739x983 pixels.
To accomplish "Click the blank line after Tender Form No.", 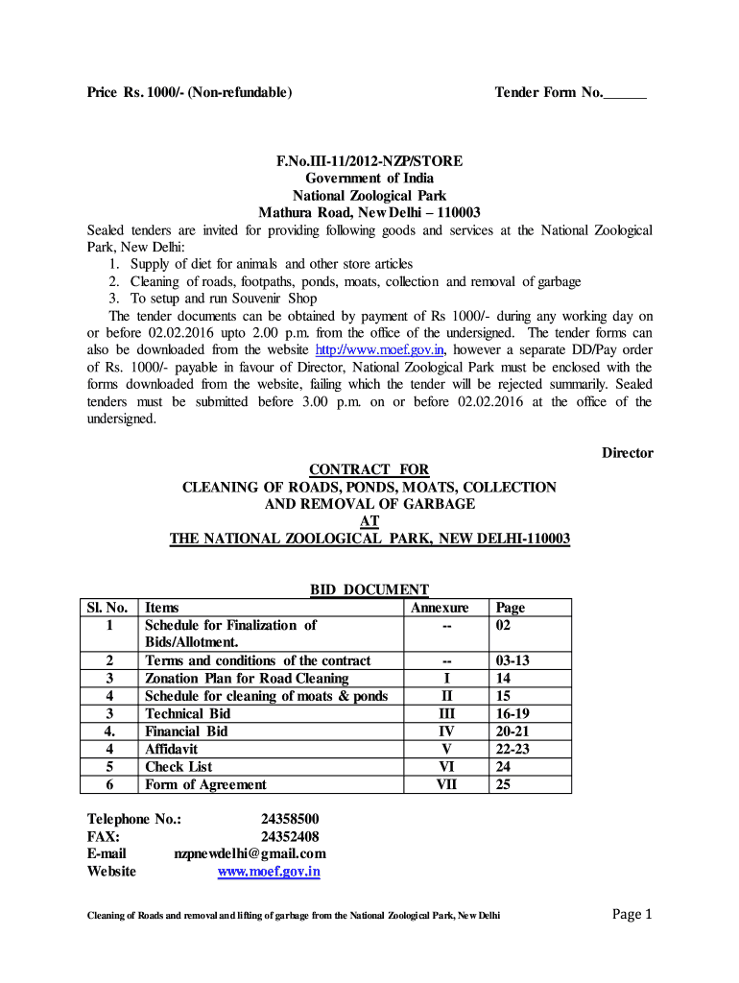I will [626, 93].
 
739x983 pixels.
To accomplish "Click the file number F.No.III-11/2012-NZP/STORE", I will [369, 161].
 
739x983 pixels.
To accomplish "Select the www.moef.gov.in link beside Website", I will [269, 872].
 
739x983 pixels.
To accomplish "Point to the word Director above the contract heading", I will [627, 453].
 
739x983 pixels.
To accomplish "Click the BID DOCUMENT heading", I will [369, 590].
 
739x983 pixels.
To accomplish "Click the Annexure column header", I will [440, 608].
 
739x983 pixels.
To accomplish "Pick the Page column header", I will [510, 608].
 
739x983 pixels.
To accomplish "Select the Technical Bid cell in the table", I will [188, 714].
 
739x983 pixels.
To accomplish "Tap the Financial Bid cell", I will [186, 731].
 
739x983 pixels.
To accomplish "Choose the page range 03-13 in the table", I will [513, 661].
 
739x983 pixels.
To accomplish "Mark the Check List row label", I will [179, 767].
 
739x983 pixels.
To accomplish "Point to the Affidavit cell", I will [174, 749].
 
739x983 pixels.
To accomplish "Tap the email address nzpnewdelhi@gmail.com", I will [250, 853].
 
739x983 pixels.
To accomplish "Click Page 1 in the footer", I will [632, 914].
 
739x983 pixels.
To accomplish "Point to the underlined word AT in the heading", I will [369, 521].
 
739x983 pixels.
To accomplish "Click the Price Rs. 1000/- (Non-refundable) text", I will [189, 93].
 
